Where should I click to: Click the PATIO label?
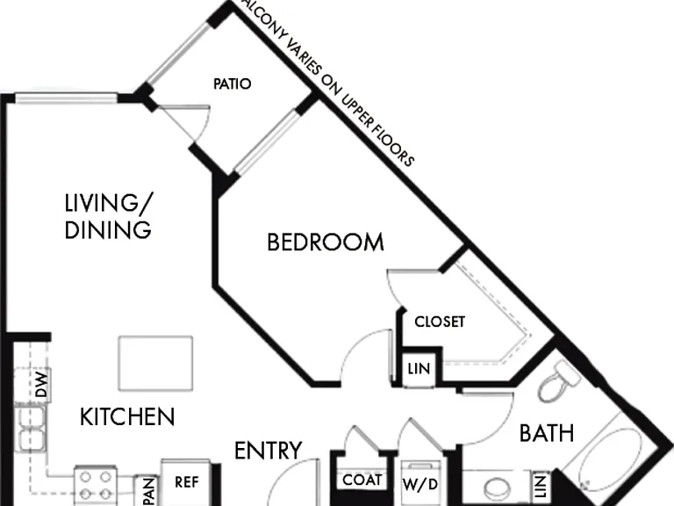(232, 83)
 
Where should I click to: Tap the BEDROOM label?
(326, 242)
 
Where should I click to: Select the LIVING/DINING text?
(108, 216)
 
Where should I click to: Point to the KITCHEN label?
(127, 416)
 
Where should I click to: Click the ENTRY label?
(269, 451)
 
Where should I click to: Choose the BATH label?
(547, 433)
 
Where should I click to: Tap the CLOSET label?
(440, 322)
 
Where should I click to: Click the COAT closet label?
(362, 480)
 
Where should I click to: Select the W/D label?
(420, 485)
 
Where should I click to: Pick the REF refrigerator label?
(187, 482)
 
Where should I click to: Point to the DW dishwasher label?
(41, 384)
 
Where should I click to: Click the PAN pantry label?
(148, 491)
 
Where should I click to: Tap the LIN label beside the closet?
(419, 369)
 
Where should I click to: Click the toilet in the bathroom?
(559, 381)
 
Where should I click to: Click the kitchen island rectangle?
(155, 364)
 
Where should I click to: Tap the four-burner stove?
(96, 485)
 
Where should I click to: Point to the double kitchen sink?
(31, 429)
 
